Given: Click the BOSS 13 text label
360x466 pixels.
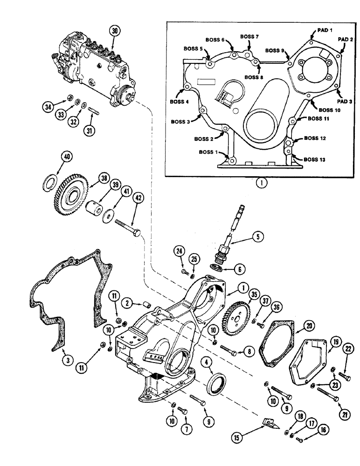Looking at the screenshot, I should pyautogui.click(x=316, y=159).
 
